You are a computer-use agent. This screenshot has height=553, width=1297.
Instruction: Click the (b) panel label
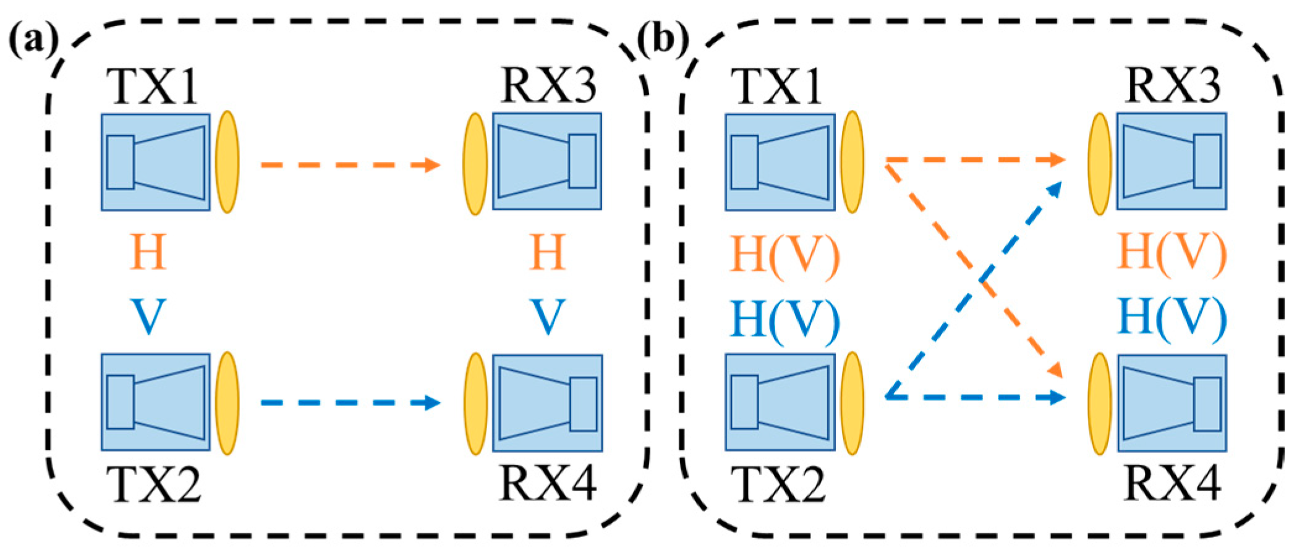[x=663, y=41]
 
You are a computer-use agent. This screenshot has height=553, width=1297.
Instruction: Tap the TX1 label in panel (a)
[x=155, y=87]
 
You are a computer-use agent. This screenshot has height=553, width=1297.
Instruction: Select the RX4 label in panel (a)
[x=548, y=483]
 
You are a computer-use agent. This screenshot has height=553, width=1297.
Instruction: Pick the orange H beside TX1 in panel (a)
[x=148, y=253]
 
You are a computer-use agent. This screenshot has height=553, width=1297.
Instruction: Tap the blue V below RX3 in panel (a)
[x=548, y=317]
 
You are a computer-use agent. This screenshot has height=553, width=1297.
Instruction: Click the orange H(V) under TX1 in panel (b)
[x=785, y=254]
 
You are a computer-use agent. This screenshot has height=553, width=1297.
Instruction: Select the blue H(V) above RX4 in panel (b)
[x=1173, y=317]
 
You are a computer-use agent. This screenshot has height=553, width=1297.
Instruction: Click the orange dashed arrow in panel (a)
[x=350, y=165]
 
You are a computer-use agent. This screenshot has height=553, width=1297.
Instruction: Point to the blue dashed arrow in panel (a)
[x=350, y=403]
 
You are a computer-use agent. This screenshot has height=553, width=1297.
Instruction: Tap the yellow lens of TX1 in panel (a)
[x=227, y=162]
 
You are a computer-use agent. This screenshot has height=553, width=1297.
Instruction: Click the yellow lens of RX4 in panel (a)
[x=475, y=403]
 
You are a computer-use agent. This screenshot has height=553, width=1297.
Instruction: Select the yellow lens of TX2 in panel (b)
[x=852, y=403]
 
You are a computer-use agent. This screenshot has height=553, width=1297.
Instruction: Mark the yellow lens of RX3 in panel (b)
[x=1100, y=164]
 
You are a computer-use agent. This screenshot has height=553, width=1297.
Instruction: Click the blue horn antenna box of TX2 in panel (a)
[x=156, y=402]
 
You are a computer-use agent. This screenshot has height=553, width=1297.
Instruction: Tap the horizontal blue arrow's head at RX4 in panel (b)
[x=1057, y=397]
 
